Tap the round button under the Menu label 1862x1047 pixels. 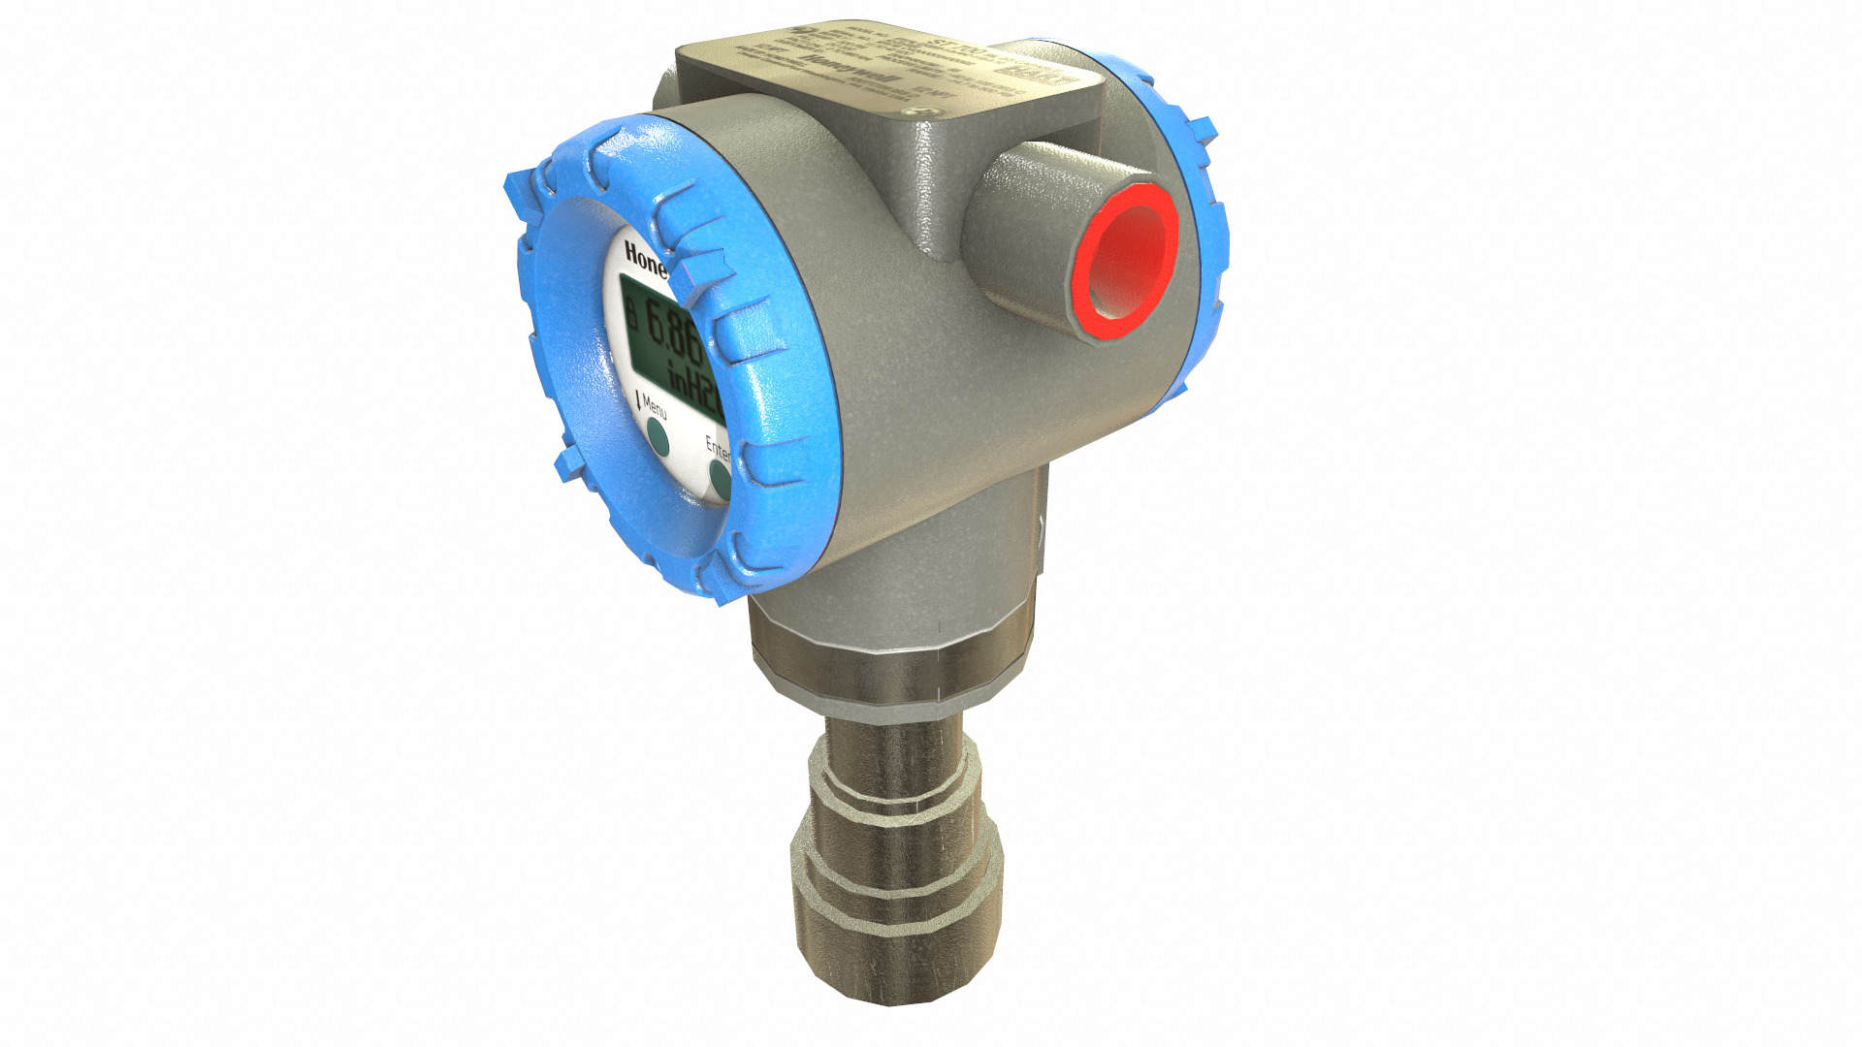[x=657, y=437]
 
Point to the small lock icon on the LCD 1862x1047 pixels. [x=631, y=313]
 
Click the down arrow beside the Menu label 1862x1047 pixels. [x=637, y=398]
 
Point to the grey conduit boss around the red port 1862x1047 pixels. [x=1018, y=233]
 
